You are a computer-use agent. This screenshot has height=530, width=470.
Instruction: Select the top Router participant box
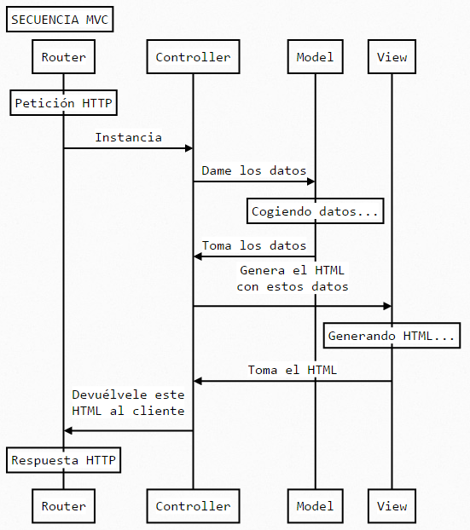click(64, 58)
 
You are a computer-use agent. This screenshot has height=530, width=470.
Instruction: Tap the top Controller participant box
click(193, 58)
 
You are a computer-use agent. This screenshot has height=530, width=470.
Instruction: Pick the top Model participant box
click(315, 58)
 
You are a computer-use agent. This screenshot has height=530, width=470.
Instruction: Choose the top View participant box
click(392, 58)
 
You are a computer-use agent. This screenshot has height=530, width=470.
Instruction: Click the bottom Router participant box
click(64, 506)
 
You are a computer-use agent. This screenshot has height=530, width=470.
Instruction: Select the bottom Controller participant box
click(193, 506)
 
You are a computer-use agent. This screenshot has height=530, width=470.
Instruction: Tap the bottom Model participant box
click(315, 506)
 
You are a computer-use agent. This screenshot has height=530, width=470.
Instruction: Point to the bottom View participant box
click(392, 506)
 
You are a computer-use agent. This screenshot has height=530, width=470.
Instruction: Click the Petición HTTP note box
click(64, 103)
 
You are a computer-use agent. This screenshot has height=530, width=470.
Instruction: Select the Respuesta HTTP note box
click(64, 461)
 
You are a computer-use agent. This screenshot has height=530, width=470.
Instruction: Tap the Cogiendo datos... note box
click(315, 210)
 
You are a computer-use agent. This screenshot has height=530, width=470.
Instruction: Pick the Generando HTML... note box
click(392, 336)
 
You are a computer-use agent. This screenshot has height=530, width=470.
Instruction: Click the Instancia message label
click(128, 137)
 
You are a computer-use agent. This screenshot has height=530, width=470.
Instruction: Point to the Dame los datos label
click(253, 170)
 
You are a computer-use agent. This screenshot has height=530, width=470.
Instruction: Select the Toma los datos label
click(253, 245)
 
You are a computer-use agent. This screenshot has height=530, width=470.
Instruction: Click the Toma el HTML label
click(292, 370)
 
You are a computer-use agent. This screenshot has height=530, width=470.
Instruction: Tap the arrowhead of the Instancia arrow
click(189, 148)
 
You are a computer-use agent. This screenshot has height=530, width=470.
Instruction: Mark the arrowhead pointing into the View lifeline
click(387, 305)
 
